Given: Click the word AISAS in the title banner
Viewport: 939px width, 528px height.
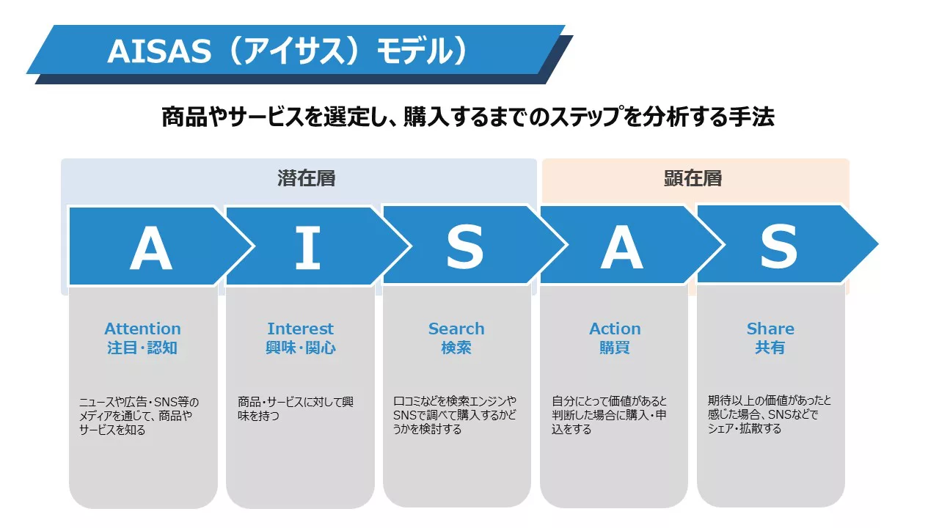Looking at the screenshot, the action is [159, 51].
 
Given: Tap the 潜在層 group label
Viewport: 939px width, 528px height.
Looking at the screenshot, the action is [307, 178].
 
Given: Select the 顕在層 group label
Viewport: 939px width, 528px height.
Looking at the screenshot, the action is [693, 178].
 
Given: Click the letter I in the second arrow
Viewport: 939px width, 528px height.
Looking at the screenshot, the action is [308, 247].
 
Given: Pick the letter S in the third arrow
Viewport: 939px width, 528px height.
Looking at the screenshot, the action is [465, 247].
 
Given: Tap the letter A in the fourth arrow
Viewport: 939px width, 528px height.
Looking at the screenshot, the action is [621, 247].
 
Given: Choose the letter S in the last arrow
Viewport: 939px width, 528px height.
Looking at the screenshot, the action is [779, 247].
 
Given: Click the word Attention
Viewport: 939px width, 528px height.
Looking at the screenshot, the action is [142, 329].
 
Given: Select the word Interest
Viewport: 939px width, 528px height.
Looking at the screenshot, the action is [301, 329].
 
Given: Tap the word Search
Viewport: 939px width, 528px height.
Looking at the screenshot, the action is [456, 329].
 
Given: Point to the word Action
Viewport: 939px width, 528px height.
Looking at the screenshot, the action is [615, 329].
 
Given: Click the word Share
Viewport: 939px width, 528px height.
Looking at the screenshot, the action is [770, 329].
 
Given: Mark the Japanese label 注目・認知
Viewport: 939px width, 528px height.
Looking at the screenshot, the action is [142, 348].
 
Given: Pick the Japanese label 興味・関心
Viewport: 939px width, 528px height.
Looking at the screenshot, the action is [301, 348].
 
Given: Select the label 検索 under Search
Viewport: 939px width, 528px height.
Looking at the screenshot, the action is [456, 348].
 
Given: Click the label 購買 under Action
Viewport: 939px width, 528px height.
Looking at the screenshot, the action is [615, 348].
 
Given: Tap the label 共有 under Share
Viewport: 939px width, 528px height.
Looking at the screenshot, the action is [770, 348].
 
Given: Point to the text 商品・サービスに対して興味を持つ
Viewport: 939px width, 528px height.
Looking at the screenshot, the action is [296, 408].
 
